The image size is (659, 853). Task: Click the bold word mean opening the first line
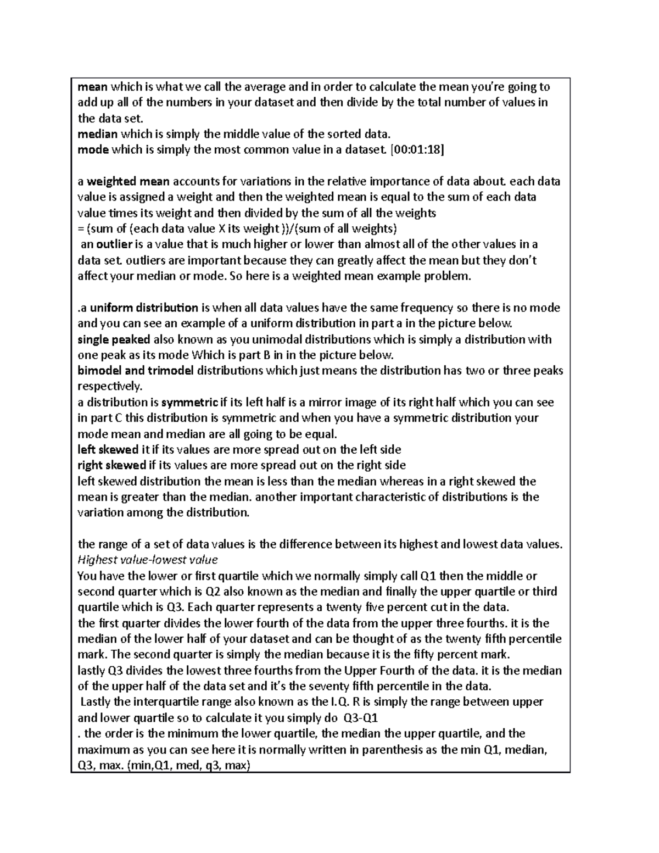93,87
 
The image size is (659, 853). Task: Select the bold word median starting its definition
97,134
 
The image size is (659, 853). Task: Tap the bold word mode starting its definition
93,150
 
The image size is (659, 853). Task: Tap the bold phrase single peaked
114,339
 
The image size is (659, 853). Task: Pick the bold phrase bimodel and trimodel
136,371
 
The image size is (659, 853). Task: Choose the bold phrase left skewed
108,450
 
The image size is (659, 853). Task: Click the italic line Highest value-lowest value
148,560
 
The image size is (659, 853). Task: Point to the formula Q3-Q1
360,718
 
